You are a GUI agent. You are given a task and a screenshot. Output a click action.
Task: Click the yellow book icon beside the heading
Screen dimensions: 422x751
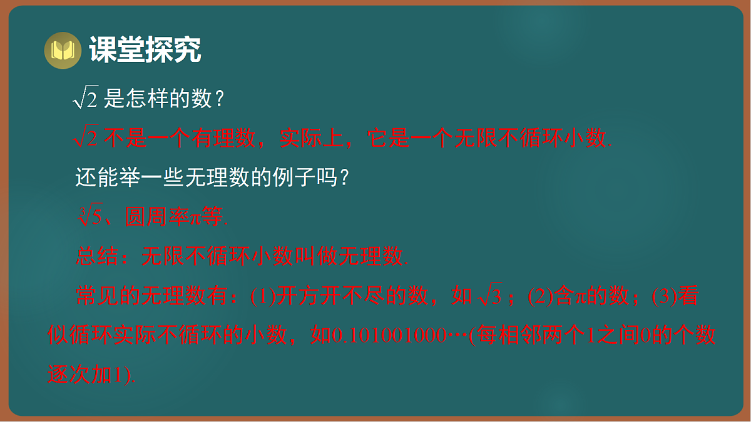63,50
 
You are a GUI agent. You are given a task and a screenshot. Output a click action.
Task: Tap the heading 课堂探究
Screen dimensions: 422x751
145,50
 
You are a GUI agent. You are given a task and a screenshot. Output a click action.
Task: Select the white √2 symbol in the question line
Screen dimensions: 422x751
86,98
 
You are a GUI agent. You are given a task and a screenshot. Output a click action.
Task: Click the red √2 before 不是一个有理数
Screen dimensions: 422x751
86,138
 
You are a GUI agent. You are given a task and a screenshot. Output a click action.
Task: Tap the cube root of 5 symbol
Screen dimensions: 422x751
89,217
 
